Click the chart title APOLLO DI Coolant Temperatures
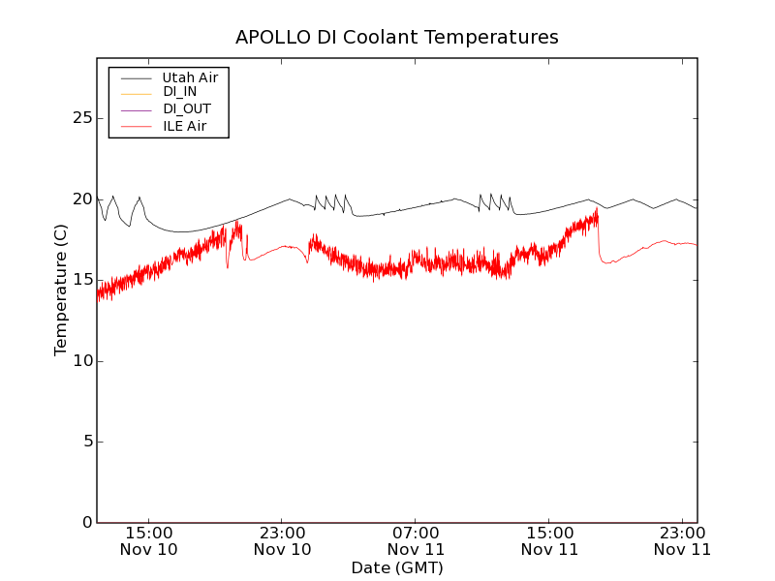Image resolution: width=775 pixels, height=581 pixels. [x=397, y=38]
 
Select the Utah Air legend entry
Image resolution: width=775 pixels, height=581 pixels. [x=190, y=77]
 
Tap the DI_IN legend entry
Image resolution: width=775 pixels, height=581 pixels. [x=179, y=92]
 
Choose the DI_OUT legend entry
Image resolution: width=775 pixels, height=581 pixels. [x=186, y=108]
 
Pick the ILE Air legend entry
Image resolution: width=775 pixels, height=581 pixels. [x=184, y=126]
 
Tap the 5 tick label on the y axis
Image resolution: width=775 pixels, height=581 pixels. [x=84, y=442]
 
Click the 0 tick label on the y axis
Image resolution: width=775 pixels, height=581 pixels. [x=84, y=523]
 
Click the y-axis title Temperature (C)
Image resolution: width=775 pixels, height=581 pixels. [x=61, y=290]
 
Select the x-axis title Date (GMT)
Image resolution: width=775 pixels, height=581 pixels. [x=397, y=567]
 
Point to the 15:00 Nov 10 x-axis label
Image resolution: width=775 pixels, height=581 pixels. [x=148, y=541]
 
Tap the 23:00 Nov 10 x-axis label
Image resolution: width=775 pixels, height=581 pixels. [x=282, y=541]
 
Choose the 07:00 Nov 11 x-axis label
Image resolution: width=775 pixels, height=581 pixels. [x=416, y=541]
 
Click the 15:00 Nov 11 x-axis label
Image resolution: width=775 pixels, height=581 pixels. [x=549, y=541]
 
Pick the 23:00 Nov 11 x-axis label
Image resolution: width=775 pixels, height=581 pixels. [x=682, y=541]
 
